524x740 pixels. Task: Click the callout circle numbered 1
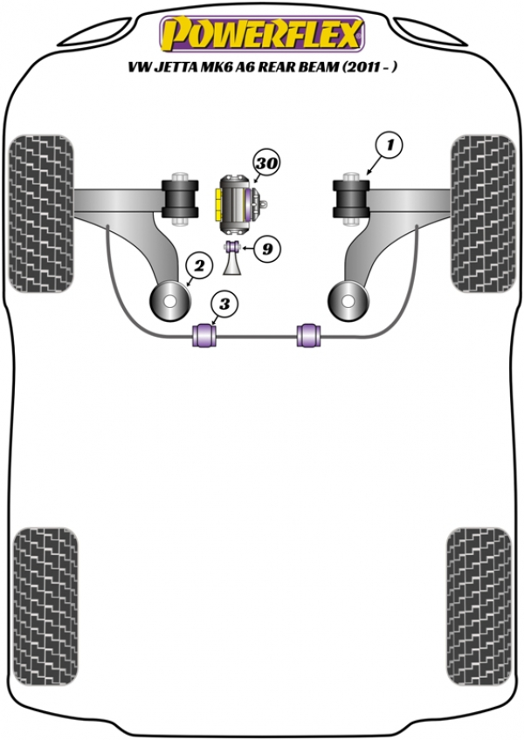click(x=391, y=146)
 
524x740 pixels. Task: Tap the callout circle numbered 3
click(x=224, y=305)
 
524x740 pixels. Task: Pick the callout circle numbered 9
click(x=267, y=250)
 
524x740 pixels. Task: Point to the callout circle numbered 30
click(x=265, y=162)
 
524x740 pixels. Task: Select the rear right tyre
click(x=477, y=592)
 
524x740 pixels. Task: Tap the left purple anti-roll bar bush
click(x=203, y=334)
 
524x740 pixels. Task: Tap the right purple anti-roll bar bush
click(x=308, y=334)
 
